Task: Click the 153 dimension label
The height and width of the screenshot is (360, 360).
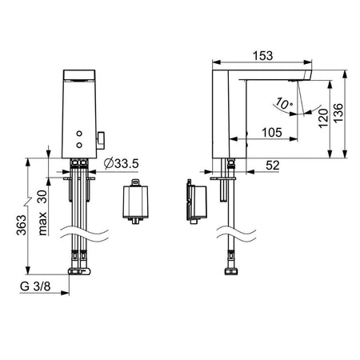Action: pyautogui.click(x=262, y=56)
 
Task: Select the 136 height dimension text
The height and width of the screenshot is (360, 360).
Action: pyautogui.click(x=338, y=113)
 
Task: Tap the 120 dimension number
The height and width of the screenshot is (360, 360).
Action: pyautogui.click(x=323, y=118)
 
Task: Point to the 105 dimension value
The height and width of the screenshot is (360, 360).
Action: pyautogui.click(x=272, y=132)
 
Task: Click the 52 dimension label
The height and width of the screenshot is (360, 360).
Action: pyautogui.click(x=273, y=166)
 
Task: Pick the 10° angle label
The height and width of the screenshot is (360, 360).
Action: pyautogui.click(x=284, y=103)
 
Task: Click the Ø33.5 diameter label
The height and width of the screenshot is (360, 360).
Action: pyautogui.click(x=122, y=163)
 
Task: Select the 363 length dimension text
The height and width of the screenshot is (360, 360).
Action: pyautogui.click(x=22, y=225)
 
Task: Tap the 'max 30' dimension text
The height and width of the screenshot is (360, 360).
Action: pyautogui.click(x=42, y=213)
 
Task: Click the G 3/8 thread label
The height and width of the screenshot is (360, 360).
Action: pyautogui.click(x=35, y=286)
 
